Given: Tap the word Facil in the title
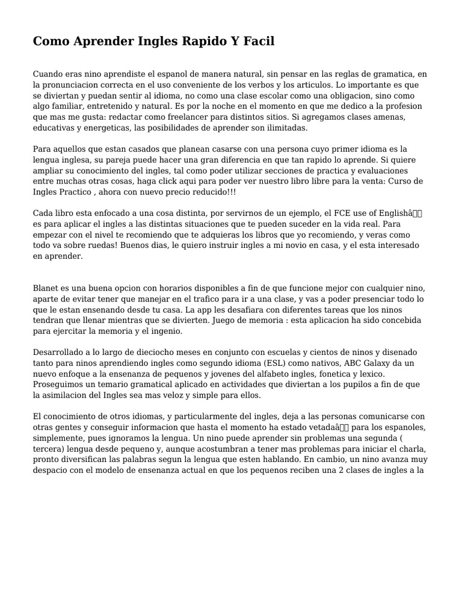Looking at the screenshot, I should [257, 42].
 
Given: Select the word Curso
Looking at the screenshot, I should [395, 181].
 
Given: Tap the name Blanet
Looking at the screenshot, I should [46, 288].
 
